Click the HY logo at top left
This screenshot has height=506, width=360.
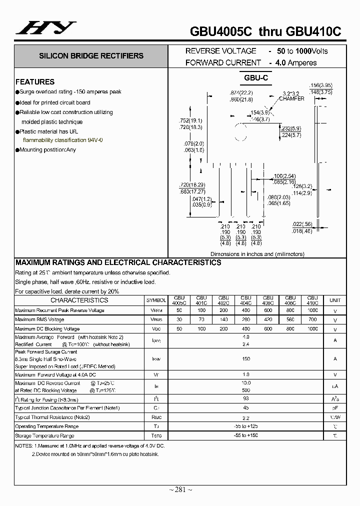pos(46,27)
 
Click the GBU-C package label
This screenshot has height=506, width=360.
pos(256,78)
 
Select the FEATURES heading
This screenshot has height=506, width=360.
pos(35,82)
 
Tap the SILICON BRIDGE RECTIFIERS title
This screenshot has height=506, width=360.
pos(91,56)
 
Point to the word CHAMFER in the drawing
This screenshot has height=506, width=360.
pos(291,99)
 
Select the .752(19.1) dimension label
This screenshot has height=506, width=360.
pos(190,121)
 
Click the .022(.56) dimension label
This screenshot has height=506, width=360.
pos(302,224)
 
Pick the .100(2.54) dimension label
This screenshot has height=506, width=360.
pos(285,176)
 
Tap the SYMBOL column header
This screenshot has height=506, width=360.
pos(156,300)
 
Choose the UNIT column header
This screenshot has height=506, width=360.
pos(334,300)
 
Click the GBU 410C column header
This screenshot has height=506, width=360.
pos(312,300)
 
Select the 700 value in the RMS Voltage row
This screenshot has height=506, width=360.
pos(312,319)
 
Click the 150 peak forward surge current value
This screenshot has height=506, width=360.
pos(245,358)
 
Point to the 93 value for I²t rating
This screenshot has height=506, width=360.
pos(245,399)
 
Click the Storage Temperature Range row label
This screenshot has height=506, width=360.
pos(46,435)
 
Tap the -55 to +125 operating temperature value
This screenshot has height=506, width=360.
pos(245,426)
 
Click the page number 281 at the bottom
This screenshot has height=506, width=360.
pos(180,489)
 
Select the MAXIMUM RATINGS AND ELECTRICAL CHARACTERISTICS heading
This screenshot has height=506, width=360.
pos(118,262)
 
